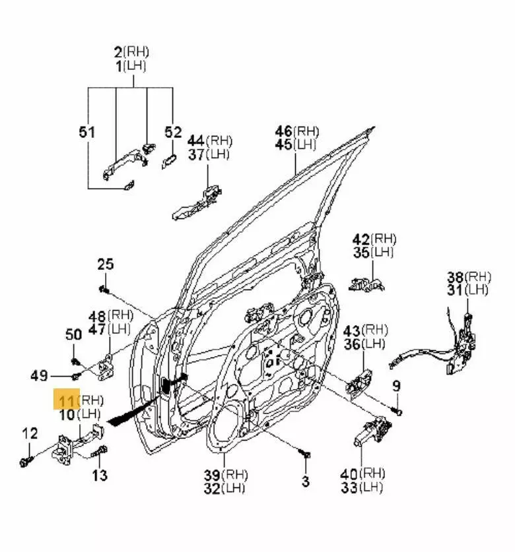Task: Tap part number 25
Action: (106, 264)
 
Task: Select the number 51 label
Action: (87, 133)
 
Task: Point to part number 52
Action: (173, 133)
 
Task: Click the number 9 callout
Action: (396, 386)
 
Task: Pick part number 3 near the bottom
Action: (305, 481)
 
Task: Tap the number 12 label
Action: (30, 433)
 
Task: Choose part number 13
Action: (100, 475)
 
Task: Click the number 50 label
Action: (73, 334)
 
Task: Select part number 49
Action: (39, 376)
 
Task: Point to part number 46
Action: (284, 131)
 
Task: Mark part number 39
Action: (211, 474)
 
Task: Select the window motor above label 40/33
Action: (367, 433)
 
